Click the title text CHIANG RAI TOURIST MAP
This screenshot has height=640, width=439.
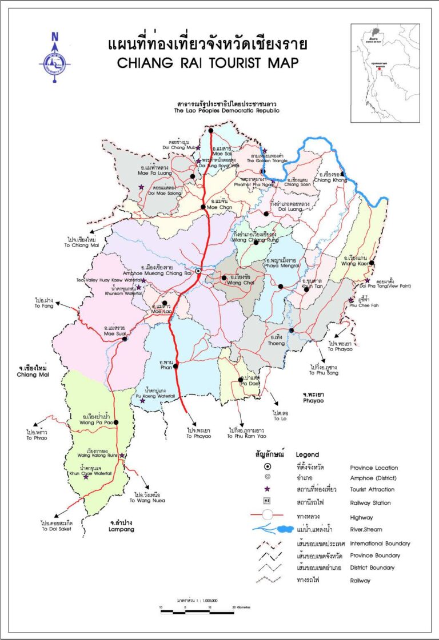click(207, 63)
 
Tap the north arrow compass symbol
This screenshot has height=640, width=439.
click(55, 60)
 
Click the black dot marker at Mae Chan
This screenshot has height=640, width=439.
click(203, 207)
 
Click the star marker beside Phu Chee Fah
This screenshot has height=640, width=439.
click(351, 300)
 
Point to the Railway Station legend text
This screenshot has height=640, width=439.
click(370, 503)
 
